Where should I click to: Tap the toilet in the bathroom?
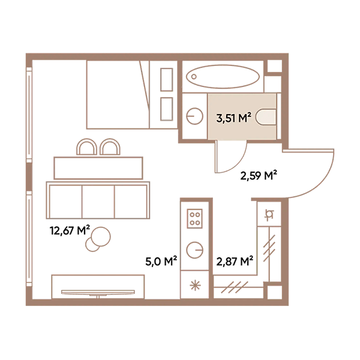point(265,117)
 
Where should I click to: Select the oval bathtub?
point(223,77)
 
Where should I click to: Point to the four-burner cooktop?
point(195,217)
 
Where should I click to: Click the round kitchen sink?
point(194,249)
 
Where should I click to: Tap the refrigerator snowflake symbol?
point(194,284)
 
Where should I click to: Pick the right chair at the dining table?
point(110,148)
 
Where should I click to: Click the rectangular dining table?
point(98,167)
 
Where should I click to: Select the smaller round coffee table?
point(92,244)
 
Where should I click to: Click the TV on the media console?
point(98,293)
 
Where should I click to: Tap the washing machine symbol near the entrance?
point(269,214)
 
